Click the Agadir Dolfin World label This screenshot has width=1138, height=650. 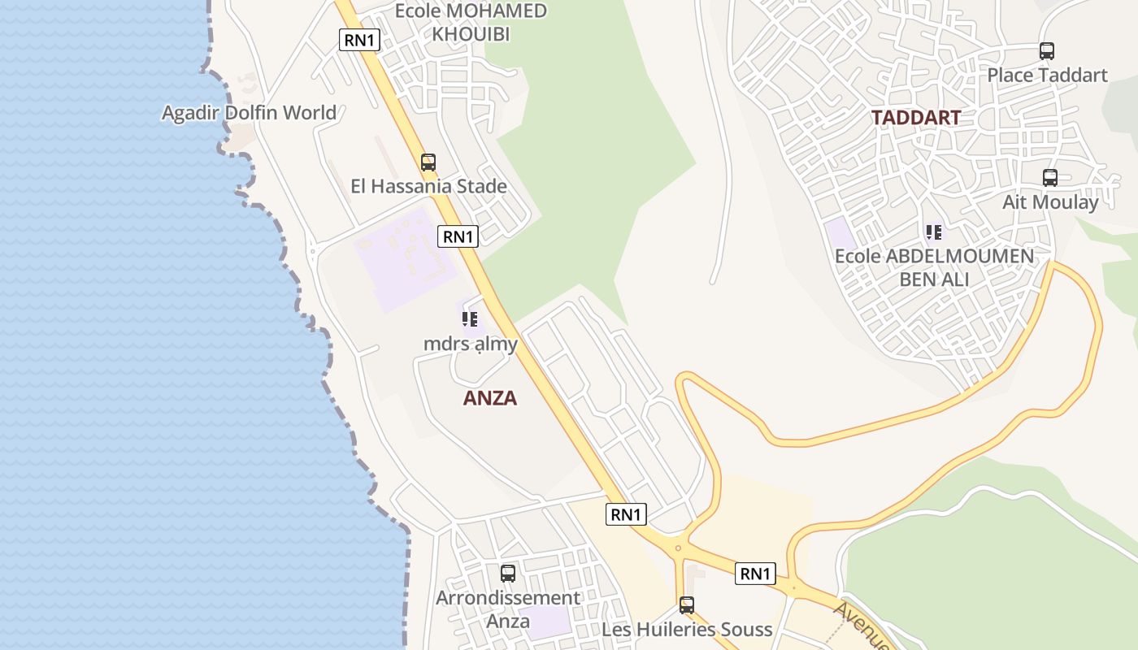click(249, 113)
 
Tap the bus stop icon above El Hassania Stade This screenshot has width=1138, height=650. click(428, 162)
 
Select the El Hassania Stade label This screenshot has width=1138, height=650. click(428, 186)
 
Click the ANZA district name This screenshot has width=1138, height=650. click(490, 398)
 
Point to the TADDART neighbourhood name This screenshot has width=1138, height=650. click(916, 117)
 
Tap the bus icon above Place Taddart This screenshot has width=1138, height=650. click(1047, 51)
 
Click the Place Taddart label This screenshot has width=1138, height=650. click(1047, 76)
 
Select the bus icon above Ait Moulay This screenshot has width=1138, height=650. click(1050, 177)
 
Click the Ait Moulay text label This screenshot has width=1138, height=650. click(1050, 201)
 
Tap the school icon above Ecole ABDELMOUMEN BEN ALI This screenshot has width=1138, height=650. click(934, 232)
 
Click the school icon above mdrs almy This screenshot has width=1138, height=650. click(469, 319)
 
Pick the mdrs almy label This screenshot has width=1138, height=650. click(470, 344)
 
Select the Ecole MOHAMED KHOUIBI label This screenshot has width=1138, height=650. click(471, 22)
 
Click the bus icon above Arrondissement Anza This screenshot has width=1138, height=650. click(508, 573)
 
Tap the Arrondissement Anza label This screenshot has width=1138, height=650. click(508, 609)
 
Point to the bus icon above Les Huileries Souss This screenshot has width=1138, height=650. click(687, 604)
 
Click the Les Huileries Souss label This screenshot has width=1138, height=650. click(687, 630)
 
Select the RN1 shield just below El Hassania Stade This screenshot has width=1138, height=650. click(458, 236)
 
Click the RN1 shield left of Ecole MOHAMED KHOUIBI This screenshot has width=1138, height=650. click(359, 40)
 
